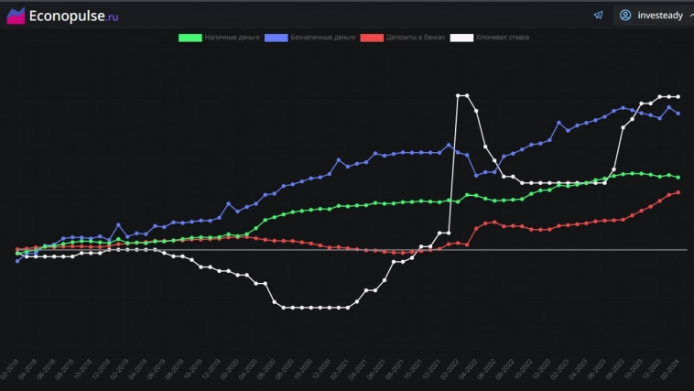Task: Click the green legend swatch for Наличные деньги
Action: [190, 38]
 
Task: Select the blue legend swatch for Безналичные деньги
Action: [276, 38]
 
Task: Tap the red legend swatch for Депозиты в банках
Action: [371, 38]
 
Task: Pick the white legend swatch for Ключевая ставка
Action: [461, 38]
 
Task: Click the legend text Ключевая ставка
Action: [502, 38]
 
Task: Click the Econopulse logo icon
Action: [16, 16]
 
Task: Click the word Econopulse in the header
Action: [64, 16]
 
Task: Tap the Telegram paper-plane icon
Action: [598, 16]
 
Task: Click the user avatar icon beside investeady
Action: [625, 16]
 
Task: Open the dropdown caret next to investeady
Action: [689, 16]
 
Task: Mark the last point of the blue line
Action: [678, 114]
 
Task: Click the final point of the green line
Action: [678, 177]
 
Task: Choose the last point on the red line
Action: [678, 192]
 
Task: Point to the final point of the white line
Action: [678, 96]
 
